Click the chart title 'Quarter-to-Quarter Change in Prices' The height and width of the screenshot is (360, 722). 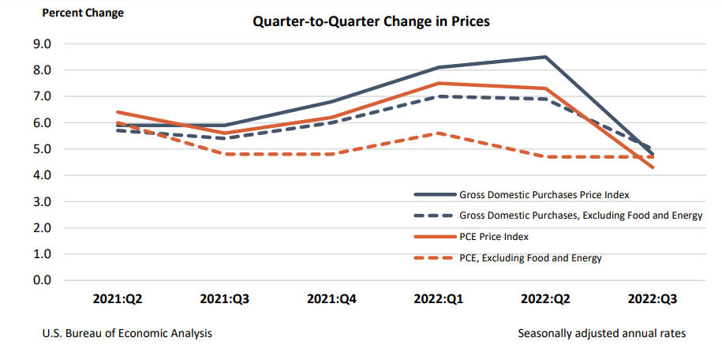(x=371, y=21)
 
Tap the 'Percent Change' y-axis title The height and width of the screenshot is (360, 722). (x=83, y=13)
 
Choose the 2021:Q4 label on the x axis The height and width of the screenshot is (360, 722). (x=331, y=300)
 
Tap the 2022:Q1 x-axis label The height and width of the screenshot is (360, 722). (x=438, y=300)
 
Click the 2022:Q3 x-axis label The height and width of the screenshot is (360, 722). (x=652, y=300)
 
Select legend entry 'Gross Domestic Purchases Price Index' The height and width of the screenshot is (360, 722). (x=543, y=193)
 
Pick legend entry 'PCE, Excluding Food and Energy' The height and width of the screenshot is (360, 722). (x=529, y=258)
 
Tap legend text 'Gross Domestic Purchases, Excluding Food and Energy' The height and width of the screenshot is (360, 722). (x=580, y=215)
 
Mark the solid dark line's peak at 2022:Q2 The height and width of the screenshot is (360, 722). (x=544, y=57)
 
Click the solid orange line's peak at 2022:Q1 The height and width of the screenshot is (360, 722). (x=438, y=83)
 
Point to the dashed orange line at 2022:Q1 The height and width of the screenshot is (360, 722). (x=438, y=133)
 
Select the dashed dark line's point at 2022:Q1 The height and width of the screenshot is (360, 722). (x=438, y=96)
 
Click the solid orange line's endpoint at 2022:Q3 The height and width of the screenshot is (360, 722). (x=652, y=167)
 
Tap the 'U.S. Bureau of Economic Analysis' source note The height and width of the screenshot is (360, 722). (x=127, y=334)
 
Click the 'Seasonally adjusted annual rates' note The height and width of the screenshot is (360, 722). (x=601, y=334)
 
